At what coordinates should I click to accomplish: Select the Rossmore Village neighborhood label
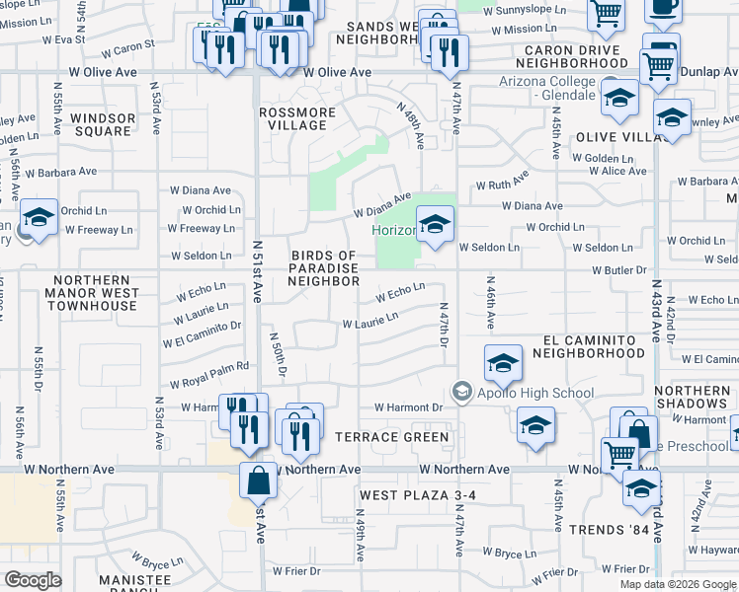[x=297, y=118]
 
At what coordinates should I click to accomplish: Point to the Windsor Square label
[x=103, y=124]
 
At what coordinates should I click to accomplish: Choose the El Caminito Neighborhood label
[x=594, y=345]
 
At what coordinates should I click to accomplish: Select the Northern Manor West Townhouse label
[x=90, y=299]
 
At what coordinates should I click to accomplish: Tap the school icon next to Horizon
[x=434, y=225]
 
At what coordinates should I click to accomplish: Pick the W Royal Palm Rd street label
[x=208, y=374]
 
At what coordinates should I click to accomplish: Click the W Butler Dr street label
[x=618, y=269]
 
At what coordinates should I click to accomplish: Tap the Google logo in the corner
[x=34, y=580]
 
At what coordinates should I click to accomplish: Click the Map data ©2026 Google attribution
[x=678, y=584]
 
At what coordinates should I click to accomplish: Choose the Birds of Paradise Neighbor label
[x=325, y=268]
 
